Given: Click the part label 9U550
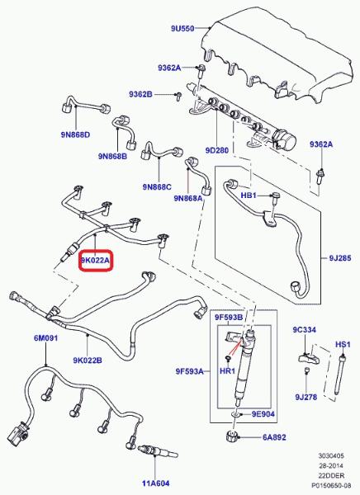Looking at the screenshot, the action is (182, 28).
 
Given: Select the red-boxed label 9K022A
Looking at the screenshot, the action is (95, 261).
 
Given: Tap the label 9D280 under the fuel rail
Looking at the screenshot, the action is (217, 150).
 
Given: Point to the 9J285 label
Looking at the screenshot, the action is (340, 258).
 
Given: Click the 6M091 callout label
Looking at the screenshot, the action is (46, 338).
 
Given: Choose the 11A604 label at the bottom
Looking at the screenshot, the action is (155, 483).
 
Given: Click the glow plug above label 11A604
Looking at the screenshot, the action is (158, 450).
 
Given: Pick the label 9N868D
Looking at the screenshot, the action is (75, 134).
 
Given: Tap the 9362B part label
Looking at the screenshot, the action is (140, 94).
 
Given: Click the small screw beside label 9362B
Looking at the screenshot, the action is (178, 96).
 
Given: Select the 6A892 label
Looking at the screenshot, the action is (274, 437).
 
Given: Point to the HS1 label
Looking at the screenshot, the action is (343, 344).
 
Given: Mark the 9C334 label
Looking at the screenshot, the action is (304, 329).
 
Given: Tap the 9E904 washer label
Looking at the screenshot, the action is (263, 414).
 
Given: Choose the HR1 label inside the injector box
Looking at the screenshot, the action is (227, 371).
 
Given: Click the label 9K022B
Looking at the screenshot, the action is (88, 361).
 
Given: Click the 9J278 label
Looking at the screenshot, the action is (306, 397).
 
